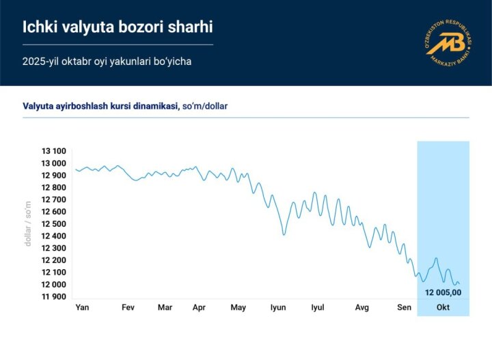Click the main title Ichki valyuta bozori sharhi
[118, 27]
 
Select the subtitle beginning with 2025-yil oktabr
[107, 61]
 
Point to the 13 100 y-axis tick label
[54, 152]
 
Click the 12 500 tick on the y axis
[54, 224]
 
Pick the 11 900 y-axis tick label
[54, 296]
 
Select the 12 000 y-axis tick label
[54, 284]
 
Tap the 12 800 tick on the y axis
[54, 188]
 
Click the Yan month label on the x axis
[82, 307]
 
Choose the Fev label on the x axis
[128, 307]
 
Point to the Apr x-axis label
[199, 307]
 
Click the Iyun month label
[277, 307]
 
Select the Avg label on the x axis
[361, 307]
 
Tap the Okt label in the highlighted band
[443, 307]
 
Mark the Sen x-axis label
[405, 307]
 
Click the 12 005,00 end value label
[443, 292]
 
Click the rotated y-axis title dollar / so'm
[29, 223]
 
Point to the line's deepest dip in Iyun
[284, 234]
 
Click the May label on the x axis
[238, 307]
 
